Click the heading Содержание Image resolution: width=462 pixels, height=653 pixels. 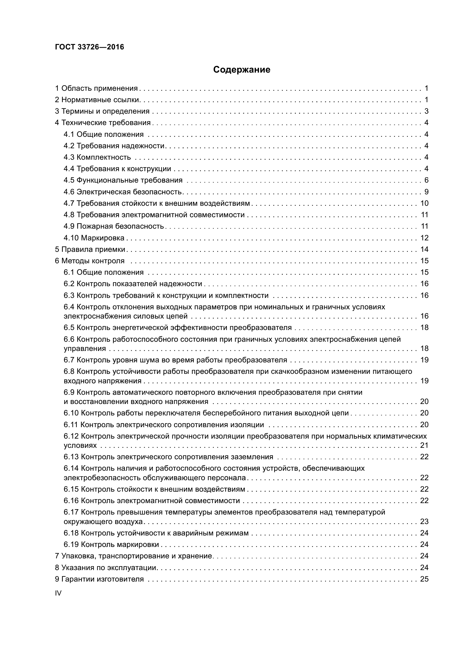coord(242,70)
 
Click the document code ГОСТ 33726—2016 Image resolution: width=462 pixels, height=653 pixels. coord(90,47)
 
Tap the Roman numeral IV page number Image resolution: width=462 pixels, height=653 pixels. coord(58,593)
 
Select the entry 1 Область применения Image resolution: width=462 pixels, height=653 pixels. coord(96,88)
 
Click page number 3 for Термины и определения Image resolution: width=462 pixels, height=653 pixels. coord(426,111)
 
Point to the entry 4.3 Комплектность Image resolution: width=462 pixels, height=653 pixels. coord(97,157)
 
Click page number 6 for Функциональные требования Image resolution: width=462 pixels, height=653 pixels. coord(426,180)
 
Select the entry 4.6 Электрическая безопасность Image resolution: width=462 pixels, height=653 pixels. coord(123,192)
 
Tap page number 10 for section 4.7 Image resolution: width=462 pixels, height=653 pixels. coord(424,203)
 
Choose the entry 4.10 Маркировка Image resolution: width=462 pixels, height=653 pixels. coord(94,238)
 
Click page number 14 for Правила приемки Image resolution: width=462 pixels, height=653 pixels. coord(424,249)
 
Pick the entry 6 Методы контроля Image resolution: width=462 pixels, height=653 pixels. coord(90,261)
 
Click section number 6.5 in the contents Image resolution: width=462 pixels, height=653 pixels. coord(69,328)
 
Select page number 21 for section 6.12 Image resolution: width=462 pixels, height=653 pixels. coord(424,445)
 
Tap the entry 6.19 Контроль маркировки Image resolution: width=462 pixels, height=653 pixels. coord(111,544)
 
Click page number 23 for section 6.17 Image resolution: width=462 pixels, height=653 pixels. coord(424,522)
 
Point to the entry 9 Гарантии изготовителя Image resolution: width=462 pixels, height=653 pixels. coord(99,579)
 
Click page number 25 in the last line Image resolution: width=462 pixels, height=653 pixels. coord(424,579)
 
